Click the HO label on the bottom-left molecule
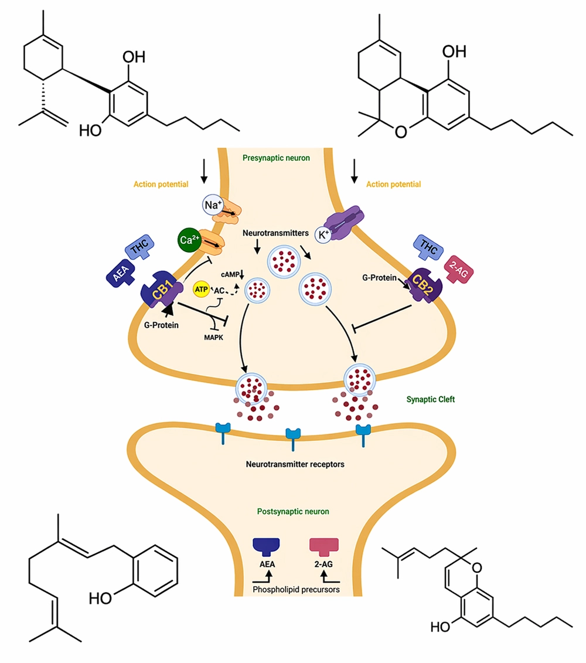pos(99,598)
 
